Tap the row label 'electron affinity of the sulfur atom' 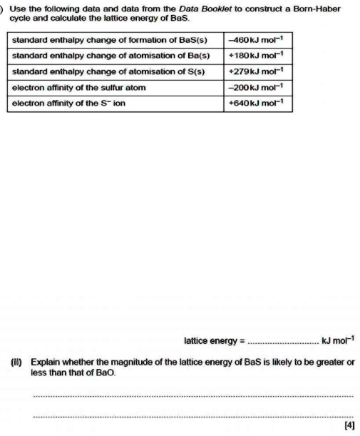point(79,87)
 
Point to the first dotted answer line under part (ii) point(192,395)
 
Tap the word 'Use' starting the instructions point(19,9)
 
